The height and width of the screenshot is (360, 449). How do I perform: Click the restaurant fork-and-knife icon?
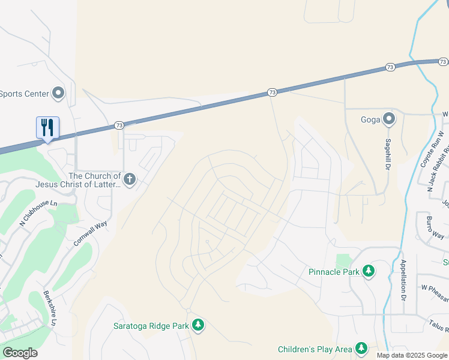(x=47, y=127)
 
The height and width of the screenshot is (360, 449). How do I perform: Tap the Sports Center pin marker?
(x=58, y=93)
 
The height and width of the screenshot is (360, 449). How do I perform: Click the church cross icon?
(x=130, y=178)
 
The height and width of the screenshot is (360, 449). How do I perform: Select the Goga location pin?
(x=389, y=119)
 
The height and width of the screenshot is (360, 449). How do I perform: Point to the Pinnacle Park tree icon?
(x=369, y=271)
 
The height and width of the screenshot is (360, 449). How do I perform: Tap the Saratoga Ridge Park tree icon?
(x=198, y=326)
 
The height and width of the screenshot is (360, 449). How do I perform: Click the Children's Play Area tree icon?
(x=361, y=348)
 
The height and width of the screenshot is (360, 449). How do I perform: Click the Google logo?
(x=20, y=352)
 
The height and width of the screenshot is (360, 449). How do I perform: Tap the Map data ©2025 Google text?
(x=412, y=355)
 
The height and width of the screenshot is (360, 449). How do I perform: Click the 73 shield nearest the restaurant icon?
(x=119, y=125)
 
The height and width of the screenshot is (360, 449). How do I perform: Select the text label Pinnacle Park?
(x=334, y=272)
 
